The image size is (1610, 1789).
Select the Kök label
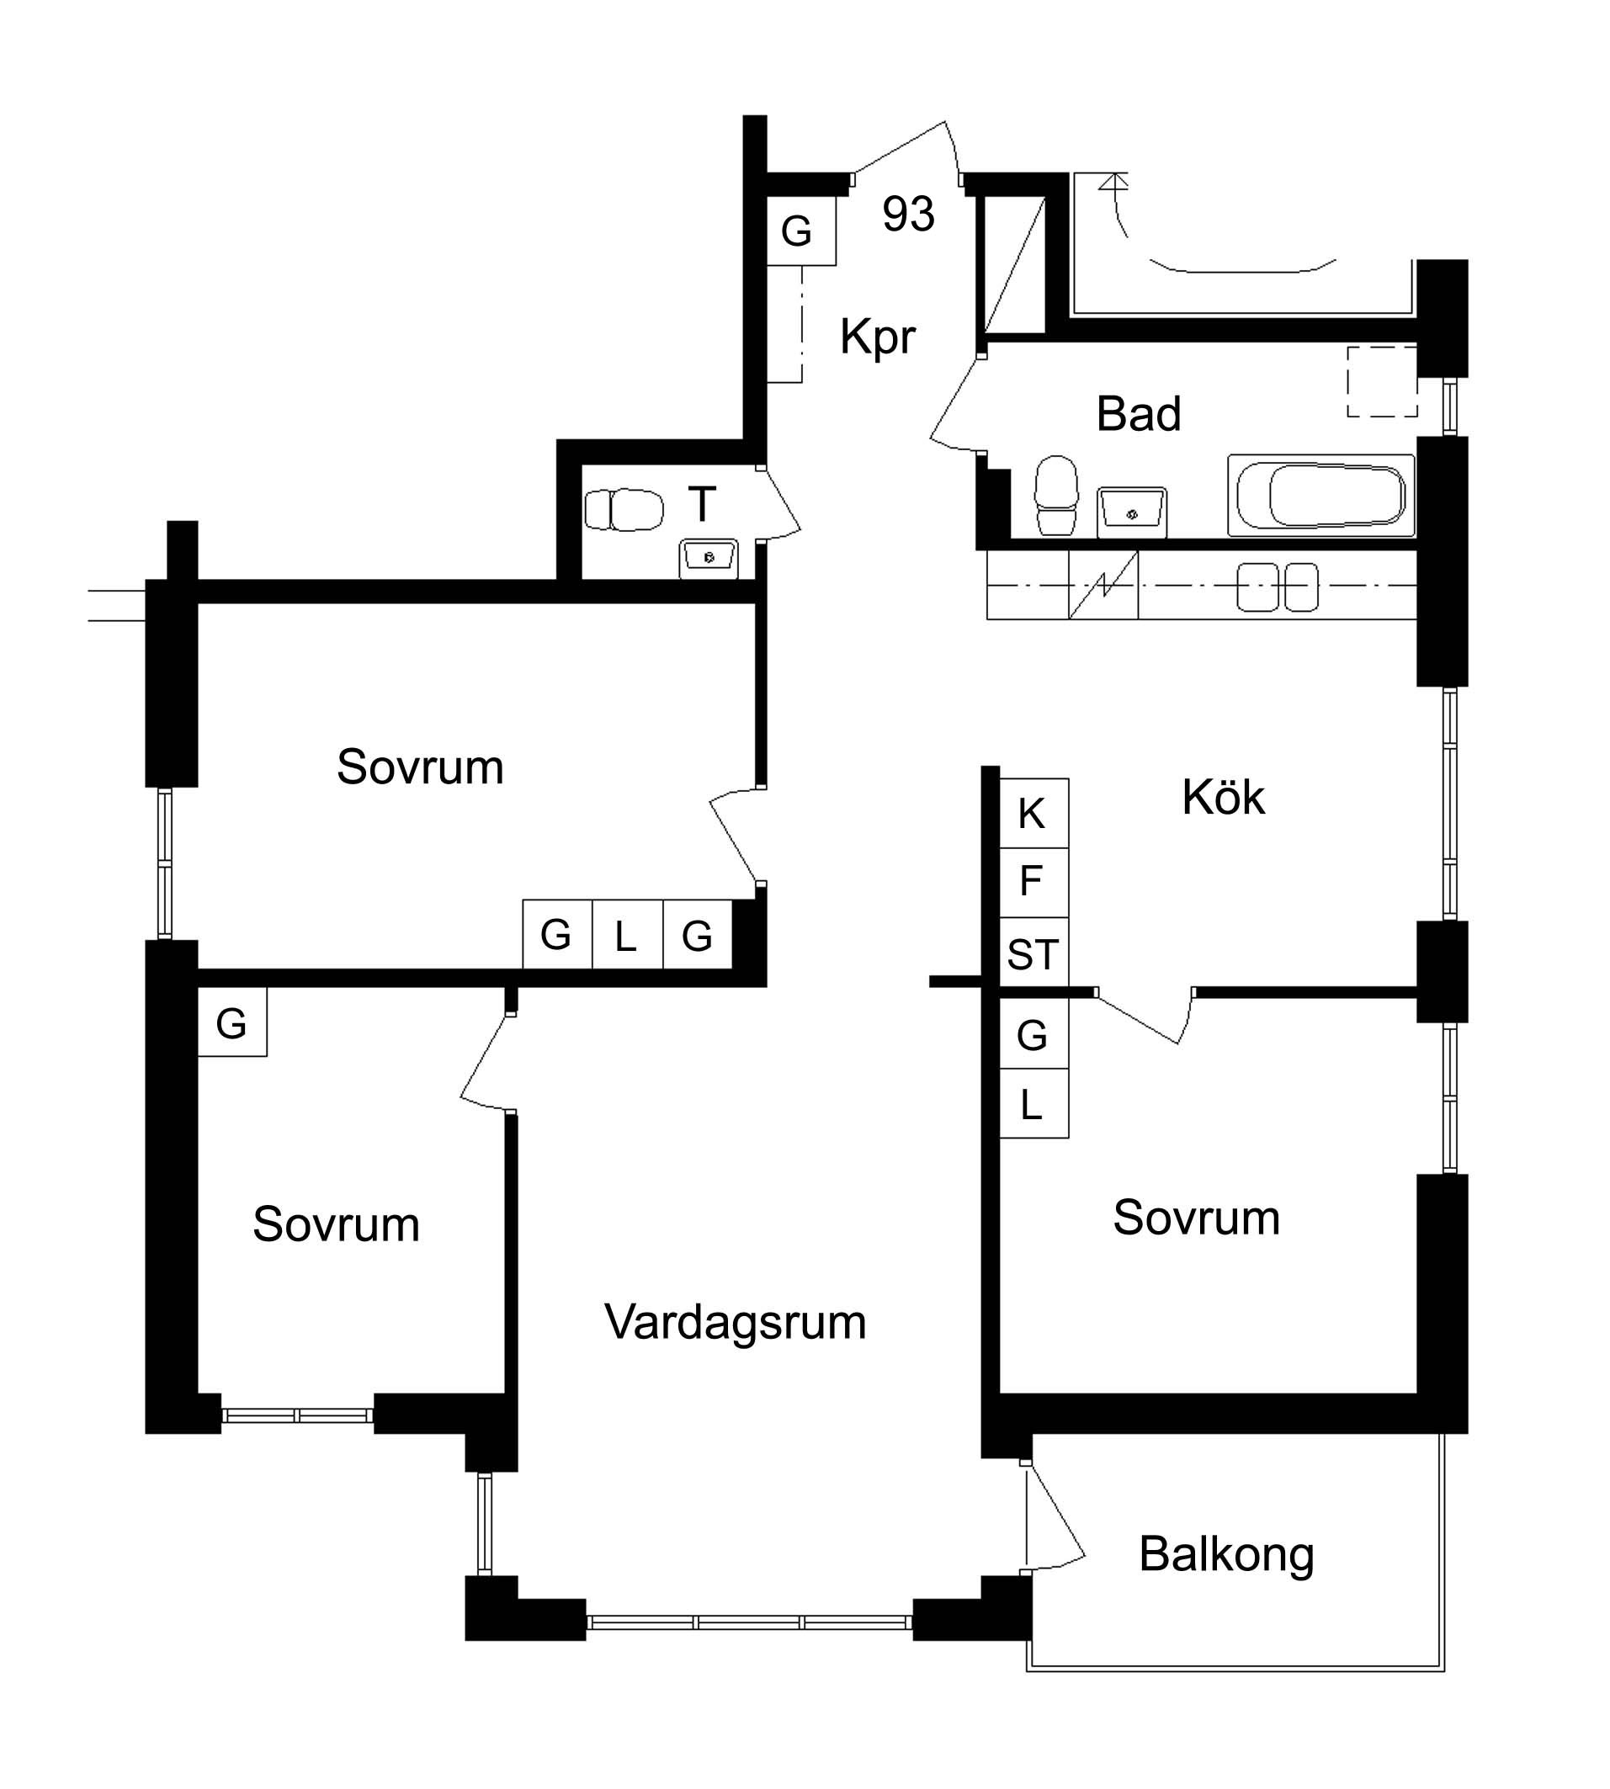(1224, 798)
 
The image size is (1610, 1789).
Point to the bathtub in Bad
(1321, 496)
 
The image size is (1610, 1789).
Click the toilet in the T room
(624, 509)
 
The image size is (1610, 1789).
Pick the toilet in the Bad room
(1056, 496)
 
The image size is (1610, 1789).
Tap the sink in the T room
(709, 559)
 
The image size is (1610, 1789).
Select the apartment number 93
(908, 214)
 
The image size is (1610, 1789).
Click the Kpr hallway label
(878, 337)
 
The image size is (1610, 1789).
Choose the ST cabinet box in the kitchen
(1033, 953)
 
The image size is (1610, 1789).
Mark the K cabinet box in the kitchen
(1033, 813)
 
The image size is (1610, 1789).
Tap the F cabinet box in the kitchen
(1033, 883)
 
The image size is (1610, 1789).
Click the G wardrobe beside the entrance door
(800, 231)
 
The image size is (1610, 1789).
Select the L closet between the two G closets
(627, 934)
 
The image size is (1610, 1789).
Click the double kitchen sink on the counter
(1278, 587)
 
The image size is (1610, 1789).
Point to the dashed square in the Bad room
(1382, 381)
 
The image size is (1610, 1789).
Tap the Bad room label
(1139, 414)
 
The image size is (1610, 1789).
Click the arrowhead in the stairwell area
(1113, 182)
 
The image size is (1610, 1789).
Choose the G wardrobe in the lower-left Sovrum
(231, 1022)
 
